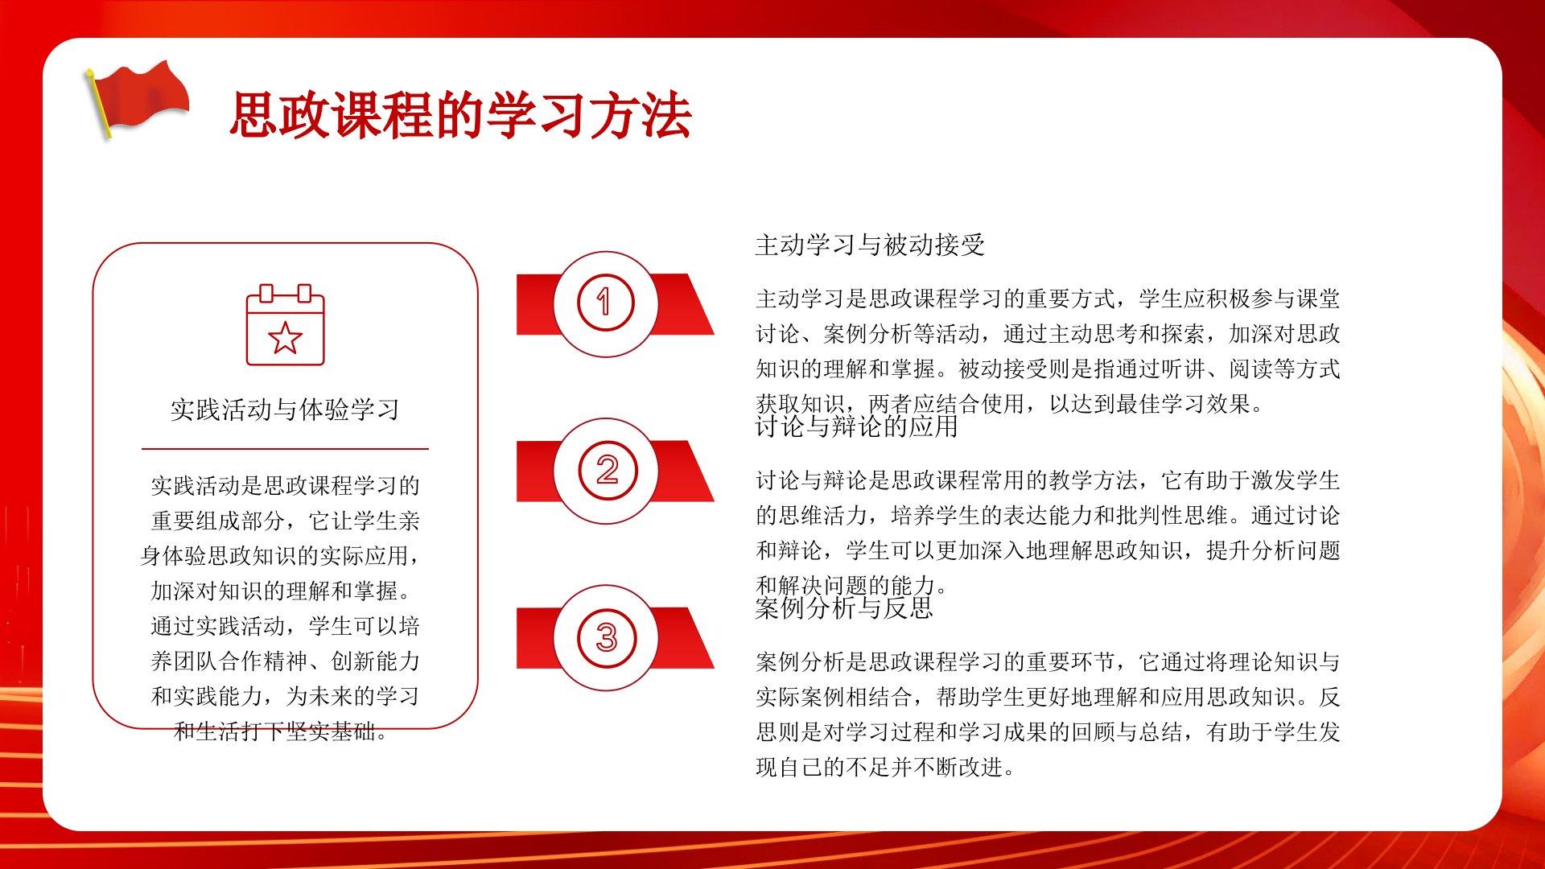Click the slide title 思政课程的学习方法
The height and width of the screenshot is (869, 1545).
pyautogui.click(x=460, y=115)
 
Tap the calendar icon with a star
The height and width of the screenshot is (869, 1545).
pyautogui.click(x=285, y=324)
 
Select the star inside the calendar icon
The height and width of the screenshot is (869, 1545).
pyautogui.click(x=285, y=338)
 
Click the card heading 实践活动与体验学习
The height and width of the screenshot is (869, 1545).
pyautogui.click(x=285, y=410)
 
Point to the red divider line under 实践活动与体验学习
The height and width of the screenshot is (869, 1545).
pyautogui.click(x=285, y=448)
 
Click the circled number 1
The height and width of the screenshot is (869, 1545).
pyautogui.click(x=606, y=303)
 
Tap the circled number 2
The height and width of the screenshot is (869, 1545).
pyautogui.click(x=607, y=470)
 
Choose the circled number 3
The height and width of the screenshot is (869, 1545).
pyautogui.click(x=607, y=637)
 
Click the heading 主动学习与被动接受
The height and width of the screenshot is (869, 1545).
pyautogui.click(x=870, y=245)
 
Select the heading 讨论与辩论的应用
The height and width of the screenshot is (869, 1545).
pyautogui.click(x=857, y=426)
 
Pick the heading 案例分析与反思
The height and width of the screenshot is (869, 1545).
pyautogui.click(x=844, y=607)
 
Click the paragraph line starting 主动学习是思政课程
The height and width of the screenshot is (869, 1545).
pyautogui.click(x=1048, y=299)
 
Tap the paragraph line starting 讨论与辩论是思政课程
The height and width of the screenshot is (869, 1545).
pyautogui.click(x=1048, y=480)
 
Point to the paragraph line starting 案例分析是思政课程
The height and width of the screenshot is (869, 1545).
pyautogui.click(x=1048, y=662)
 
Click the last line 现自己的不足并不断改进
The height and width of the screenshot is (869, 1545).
pyautogui.click(x=885, y=767)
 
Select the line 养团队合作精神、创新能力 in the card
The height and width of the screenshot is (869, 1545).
pyautogui.click(x=285, y=661)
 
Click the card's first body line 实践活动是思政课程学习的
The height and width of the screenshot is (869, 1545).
pyautogui.click(x=285, y=485)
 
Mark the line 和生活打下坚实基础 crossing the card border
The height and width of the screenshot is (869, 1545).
pyautogui.click(x=282, y=731)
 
